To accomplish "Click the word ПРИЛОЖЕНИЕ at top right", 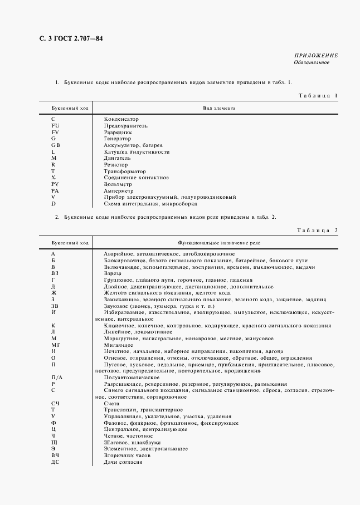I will [x=315, y=56].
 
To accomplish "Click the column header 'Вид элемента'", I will [x=218, y=109].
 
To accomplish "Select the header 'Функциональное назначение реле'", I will [x=218, y=243].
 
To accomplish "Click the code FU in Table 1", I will [x=55, y=126].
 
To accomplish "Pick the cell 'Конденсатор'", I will [x=121, y=119].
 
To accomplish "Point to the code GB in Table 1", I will [x=56, y=145].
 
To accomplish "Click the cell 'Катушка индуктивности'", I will [x=137, y=151].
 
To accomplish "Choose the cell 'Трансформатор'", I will [x=125, y=171].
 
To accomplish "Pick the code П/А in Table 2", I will [x=56, y=377].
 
